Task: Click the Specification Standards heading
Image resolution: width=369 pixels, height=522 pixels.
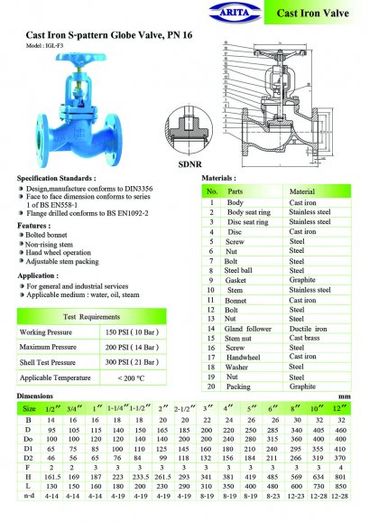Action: [58, 179]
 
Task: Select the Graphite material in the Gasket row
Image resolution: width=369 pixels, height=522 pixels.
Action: [301, 280]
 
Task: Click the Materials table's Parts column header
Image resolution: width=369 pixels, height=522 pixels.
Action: [235, 192]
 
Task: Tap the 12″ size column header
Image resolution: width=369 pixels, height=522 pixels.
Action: [340, 408]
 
